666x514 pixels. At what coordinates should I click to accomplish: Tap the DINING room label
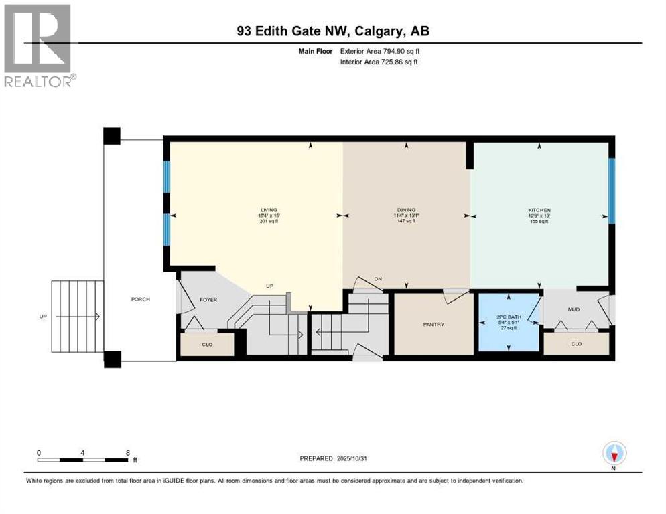[x=405, y=210]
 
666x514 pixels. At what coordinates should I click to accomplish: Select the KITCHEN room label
[x=539, y=210]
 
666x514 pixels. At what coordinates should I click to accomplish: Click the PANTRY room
[x=433, y=325]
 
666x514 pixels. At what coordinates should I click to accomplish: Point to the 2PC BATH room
[x=507, y=321]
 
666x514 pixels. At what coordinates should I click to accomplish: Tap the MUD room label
[x=574, y=310]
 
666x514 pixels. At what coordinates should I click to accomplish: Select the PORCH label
[x=141, y=299]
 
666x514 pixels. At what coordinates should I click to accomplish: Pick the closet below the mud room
[x=576, y=343]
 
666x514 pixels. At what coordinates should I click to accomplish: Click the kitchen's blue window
[x=611, y=190]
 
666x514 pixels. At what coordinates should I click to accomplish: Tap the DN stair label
[x=378, y=279]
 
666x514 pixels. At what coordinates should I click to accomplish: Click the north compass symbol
[x=614, y=454]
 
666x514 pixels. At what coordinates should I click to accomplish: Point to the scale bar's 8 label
[x=127, y=452]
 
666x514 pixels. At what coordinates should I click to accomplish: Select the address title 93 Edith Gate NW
[x=334, y=31]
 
